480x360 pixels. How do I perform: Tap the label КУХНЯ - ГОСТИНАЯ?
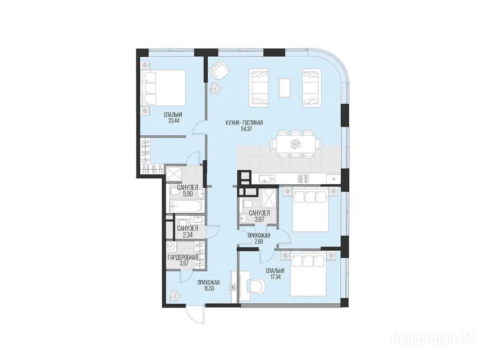[x=244, y=123]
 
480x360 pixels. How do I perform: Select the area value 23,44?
[x=173, y=121]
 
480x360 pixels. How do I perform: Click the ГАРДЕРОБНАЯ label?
[x=183, y=257]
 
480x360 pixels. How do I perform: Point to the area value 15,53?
[x=209, y=288]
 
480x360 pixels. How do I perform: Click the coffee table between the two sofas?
[x=285, y=88]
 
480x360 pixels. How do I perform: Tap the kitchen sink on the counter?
[x=267, y=179]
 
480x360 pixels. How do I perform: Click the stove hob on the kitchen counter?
[x=302, y=179]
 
